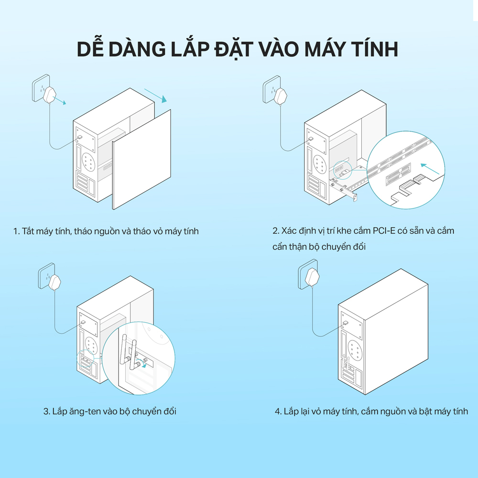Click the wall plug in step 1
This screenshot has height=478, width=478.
coord(50,95)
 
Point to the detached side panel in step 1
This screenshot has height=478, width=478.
coord(142,160)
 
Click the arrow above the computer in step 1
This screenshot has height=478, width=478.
coord(155,96)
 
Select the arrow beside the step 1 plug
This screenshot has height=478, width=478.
coord(59,100)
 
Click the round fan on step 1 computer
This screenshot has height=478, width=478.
coord(89,161)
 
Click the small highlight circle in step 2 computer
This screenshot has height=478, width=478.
coord(343,170)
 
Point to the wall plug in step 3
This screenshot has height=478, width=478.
coord(55,283)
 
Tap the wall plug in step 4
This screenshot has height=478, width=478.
coord(313,277)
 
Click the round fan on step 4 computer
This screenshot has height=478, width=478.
coord(354,350)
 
